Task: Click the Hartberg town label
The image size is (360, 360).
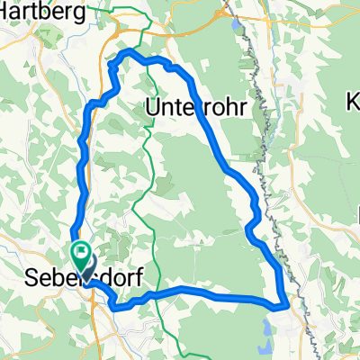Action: pyautogui.click(x=48, y=11)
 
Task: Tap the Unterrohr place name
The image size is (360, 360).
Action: pyautogui.click(x=193, y=107)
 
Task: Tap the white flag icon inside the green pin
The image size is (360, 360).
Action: pyautogui.click(x=81, y=253)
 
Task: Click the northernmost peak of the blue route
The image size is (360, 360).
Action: pyautogui.click(x=127, y=51)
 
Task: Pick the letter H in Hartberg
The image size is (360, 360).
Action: pyautogui.click(x=9, y=11)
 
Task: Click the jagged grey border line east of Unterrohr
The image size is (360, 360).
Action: pyautogui.click(x=265, y=117)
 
